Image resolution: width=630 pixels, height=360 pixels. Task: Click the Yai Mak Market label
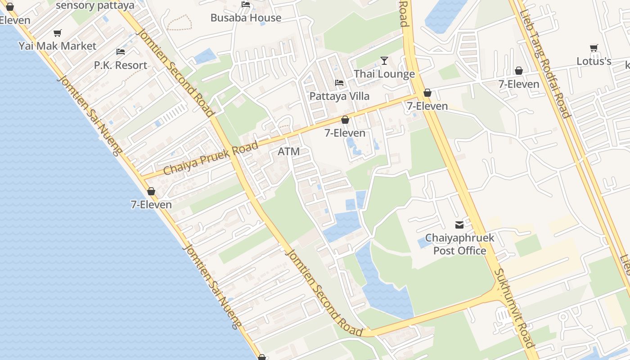(58, 46)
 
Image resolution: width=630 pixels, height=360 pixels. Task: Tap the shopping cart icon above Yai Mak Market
(58, 33)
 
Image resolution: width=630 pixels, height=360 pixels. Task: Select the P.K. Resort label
(121, 65)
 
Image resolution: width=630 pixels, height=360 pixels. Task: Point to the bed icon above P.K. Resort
(121, 52)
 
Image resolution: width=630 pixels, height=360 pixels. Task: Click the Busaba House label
(246, 18)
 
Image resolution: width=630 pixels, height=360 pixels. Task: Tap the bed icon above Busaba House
(246, 4)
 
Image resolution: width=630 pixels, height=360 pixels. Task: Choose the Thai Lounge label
(384, 74)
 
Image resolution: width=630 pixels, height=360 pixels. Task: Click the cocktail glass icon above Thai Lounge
(384, 61)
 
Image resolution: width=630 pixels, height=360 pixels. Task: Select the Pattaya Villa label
(339, 96)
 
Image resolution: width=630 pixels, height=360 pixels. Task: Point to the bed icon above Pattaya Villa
(339, 83)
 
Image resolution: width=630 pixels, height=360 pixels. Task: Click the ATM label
(288, 152)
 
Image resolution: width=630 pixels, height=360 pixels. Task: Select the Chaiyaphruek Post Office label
(459, 244)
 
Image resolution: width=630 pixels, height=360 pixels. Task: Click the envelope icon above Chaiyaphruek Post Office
(459, 225)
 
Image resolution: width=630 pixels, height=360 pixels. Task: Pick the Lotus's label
(594, 61)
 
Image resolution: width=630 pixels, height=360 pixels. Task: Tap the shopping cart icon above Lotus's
(594, 48)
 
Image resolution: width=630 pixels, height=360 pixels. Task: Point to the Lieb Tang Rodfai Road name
(545, 63)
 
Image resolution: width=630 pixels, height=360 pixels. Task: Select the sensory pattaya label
(95, 5)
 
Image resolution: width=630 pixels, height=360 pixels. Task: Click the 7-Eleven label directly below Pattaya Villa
(345, 133)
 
